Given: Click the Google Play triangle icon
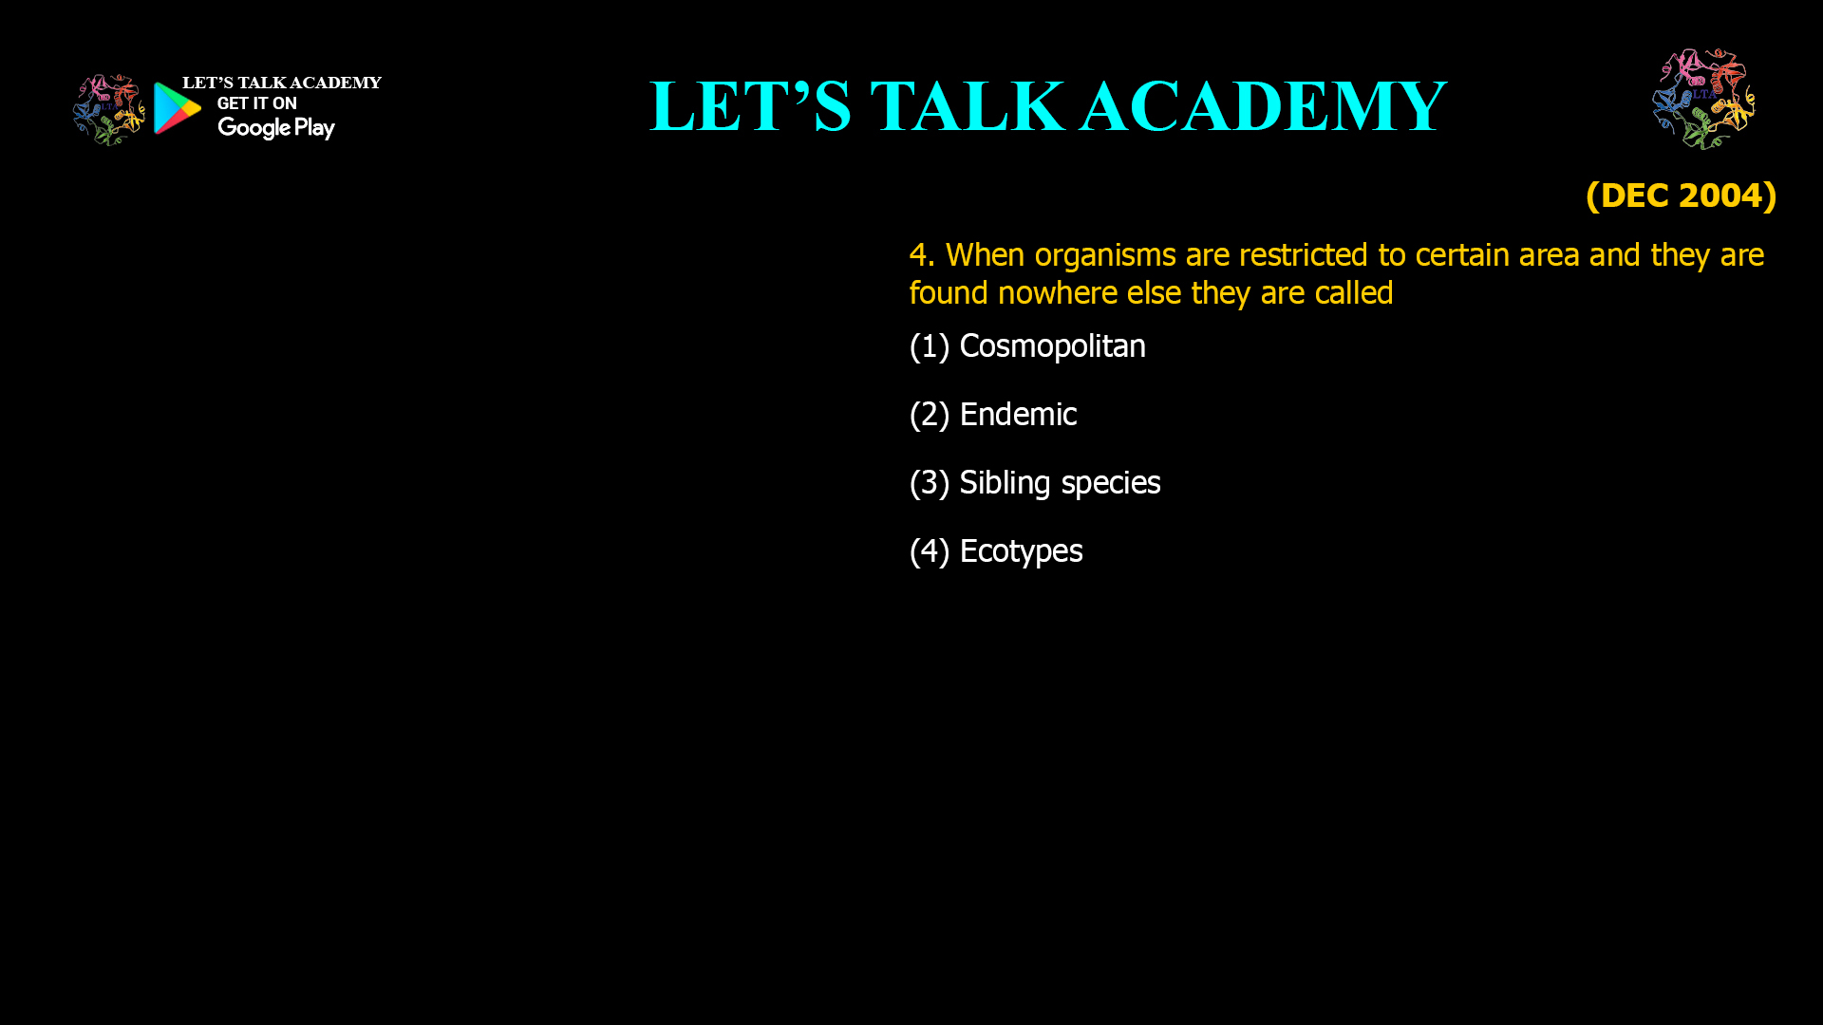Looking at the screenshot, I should point(178,108).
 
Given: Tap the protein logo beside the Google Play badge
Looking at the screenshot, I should point(108,110).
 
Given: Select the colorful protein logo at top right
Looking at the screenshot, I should point(1703,99).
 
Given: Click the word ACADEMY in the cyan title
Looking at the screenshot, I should point(1263,106).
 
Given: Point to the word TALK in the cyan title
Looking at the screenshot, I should point(967,106).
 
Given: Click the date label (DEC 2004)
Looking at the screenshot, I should point(1681,196).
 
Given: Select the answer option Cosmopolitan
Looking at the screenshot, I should point(1052,346).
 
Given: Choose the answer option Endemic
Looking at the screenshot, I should point(1018,415).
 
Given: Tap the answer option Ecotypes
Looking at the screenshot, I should point(1021,551).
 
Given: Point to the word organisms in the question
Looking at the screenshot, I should point(1105,255).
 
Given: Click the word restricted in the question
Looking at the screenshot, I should point(1304,255).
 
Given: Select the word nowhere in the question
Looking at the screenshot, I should point(1058,293).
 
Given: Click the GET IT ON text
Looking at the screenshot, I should point(257,103).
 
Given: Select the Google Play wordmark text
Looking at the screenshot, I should point(276,127).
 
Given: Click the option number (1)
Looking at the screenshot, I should point(930,346).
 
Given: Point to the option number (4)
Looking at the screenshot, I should point(930,551).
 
